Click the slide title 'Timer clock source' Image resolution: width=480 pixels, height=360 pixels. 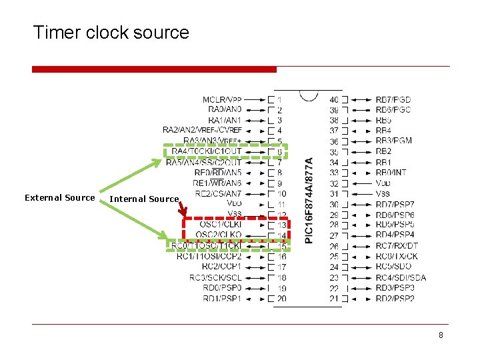click(x=111, y=32)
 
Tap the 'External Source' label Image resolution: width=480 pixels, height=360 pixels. click(x=59, y=198)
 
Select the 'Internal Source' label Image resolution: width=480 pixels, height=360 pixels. click(x=144, y=199)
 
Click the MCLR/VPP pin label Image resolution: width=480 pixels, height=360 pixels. click(x=223, y=99)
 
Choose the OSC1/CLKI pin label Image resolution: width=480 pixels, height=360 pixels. click(x=221, y=225)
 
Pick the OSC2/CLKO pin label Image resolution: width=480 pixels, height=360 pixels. click(x=221, y=235)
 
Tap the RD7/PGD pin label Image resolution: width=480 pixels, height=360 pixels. click(x=393, y=99)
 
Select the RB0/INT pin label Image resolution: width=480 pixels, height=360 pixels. click(x=391, y=173)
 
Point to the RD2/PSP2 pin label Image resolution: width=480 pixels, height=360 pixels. click(x=395, y=298)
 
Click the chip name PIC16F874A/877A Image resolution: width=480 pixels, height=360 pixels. click(x=309, y=200)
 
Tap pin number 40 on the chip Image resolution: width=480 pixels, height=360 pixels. click(x=334, y=99)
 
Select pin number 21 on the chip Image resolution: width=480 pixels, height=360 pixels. click(x=334, y=298)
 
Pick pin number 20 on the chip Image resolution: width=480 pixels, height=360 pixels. click(x=281, y=298)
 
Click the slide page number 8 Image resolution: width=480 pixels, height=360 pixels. click(x=441, y=335)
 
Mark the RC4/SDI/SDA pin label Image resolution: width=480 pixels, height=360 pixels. click(x=401, y=277)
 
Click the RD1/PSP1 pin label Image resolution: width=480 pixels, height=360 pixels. click(x=223, y=298)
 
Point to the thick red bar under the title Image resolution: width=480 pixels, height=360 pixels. click(x=154, y=69)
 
